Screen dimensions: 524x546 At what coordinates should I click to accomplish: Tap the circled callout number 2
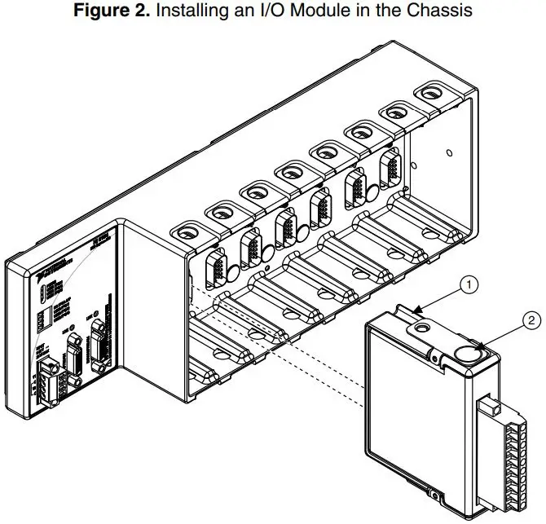click(532, 320)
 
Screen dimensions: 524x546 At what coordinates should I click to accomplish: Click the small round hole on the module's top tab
click(421, 328)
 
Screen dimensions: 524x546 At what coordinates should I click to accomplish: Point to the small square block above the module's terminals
click(489, 406)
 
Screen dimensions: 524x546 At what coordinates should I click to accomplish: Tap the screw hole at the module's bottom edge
click(434, 497)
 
